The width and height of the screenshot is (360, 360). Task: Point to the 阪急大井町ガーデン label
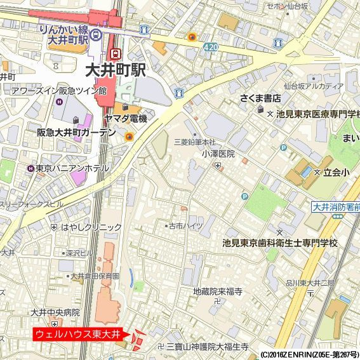click(x=76, y=133)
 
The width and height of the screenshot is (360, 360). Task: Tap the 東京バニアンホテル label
click(x=72, y=168)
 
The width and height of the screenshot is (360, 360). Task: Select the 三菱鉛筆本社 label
click(x=195, y=142)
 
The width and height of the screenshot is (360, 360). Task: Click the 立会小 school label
click(x=337, y=172)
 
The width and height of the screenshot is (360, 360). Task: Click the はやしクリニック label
click(x=91, y=227)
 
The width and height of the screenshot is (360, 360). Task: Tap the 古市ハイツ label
click(x=185, y=225)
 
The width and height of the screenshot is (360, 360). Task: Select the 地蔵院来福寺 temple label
click(x=218, y=291)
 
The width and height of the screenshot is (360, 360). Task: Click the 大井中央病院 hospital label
click(x=55, y=312)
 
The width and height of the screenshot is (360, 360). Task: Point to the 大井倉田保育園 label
click(x=95, y=276)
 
